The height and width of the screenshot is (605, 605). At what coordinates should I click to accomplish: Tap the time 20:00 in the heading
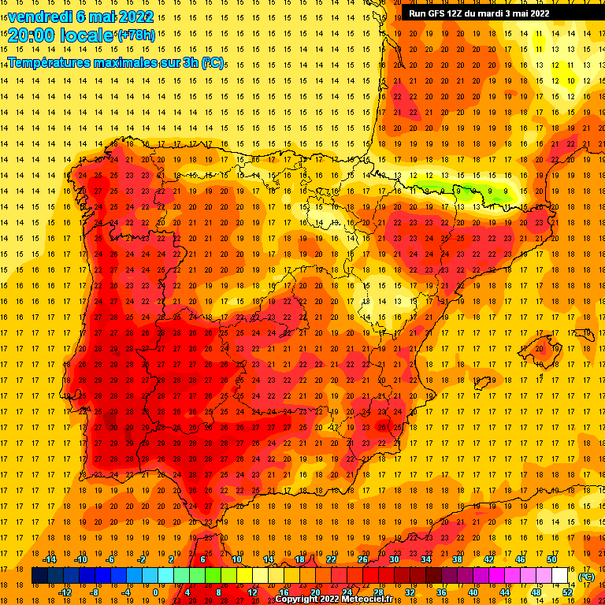32,35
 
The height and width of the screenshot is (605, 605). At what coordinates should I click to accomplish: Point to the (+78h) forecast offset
135,35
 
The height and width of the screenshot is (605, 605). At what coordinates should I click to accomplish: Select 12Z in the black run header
458,13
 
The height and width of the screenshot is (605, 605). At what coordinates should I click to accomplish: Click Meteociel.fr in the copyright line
369,599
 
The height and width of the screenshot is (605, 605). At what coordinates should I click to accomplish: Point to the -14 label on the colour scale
49,559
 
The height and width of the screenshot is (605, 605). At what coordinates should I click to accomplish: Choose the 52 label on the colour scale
567,592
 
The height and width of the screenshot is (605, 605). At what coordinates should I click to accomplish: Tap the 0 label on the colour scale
155,592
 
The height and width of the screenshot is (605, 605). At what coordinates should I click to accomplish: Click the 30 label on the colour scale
394,559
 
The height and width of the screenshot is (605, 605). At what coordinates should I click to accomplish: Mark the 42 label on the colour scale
488,559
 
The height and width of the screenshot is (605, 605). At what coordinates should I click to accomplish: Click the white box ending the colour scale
560,576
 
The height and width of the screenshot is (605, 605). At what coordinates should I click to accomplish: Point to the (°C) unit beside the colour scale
586,576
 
